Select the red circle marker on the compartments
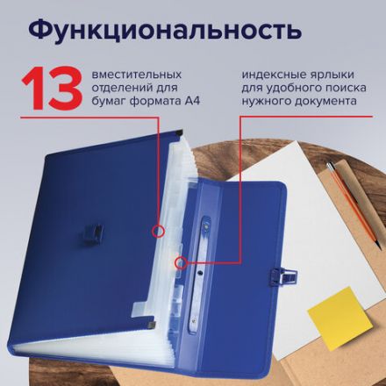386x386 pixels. (x=158, y=231)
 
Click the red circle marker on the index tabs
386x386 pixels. (x=180, y=261)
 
